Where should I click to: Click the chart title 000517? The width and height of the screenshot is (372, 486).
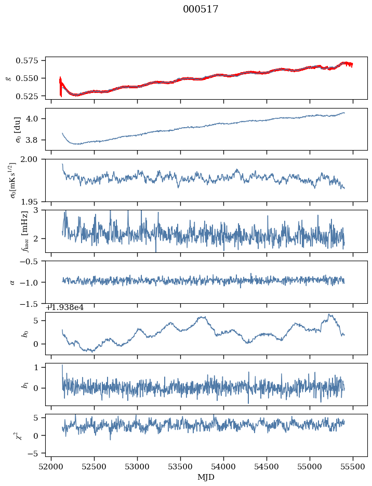(x=201, y=9)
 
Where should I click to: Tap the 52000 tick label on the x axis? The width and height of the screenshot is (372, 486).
(x=51, y=468)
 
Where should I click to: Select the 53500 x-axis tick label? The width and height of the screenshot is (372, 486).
(x=181, y=468)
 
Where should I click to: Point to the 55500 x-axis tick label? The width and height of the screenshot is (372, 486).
(x=353, y=468)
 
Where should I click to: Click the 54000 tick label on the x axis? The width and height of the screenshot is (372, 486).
(x=224, y=468)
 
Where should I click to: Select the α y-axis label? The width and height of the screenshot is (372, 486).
(x=13, y=282)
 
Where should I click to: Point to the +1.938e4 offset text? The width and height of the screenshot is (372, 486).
(x=64, y=307)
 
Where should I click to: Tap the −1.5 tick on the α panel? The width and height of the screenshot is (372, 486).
(x=32, y=303)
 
